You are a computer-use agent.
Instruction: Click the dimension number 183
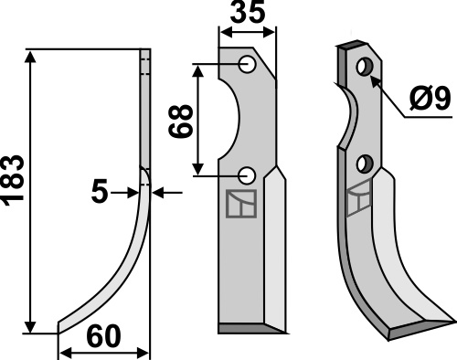pos(14,181)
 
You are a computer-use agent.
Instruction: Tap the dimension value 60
pos(104,336)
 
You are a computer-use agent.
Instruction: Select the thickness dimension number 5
pos(100,191)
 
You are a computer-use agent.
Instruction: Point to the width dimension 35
pos(248,12)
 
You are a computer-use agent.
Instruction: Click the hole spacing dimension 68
pos(181,122)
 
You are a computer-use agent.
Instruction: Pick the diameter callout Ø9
pos(430,98)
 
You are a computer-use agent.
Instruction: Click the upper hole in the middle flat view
pos(247,64)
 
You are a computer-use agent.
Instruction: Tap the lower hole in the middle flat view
pos(247,175)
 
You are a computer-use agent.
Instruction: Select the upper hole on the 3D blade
pos(365,67)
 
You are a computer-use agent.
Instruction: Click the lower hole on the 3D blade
pos(365,164)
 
